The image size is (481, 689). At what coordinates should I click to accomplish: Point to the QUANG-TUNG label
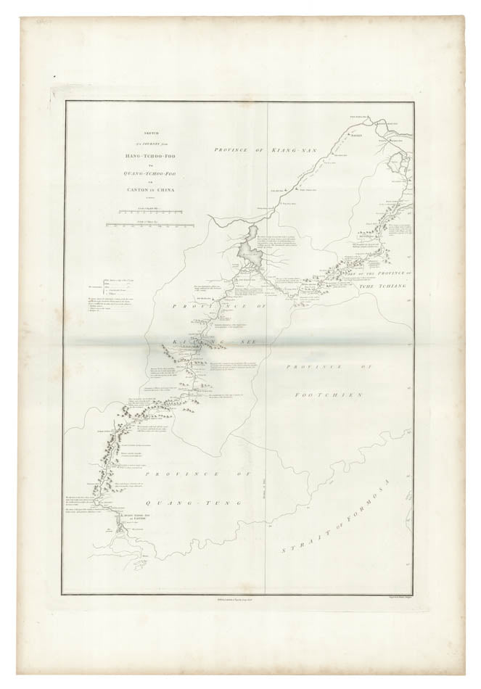(176, 501)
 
